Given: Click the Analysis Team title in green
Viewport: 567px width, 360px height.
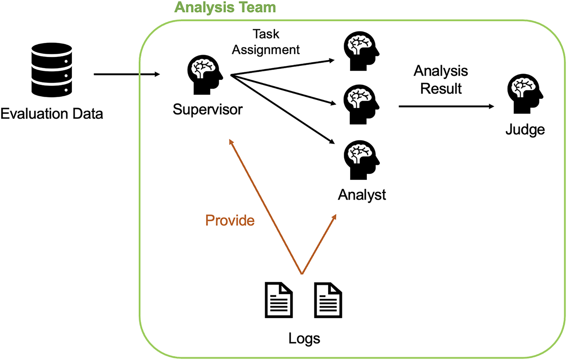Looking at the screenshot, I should (x=225, y=7).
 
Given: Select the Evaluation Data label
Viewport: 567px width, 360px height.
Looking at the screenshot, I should (x=52, y=113).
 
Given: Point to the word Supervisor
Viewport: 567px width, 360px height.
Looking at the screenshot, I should (x=207, y=109).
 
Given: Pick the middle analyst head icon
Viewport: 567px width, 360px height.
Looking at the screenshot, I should (x=361, y=104).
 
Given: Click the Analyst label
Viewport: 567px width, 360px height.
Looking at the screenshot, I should (x=362, y=195).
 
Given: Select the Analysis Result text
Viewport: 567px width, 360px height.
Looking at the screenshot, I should (x=441, y=79).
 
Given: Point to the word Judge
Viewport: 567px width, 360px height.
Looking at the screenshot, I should (x=525, y=130).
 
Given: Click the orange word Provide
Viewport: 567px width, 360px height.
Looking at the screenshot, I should (x=230, y=220).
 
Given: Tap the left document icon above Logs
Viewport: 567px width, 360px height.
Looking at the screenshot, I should (x=278, y=300).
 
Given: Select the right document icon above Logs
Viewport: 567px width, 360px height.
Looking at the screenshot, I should (x=328, y=300).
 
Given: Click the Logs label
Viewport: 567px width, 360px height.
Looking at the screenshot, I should (x=304, y=338).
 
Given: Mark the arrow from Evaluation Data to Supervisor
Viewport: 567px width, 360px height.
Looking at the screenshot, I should (x=127, y=74).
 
